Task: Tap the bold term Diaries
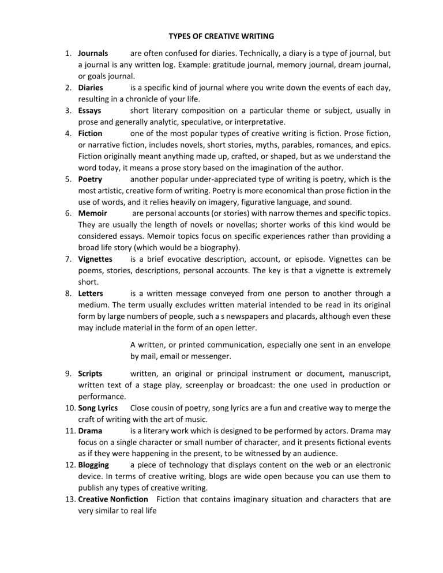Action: click(91, 88)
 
